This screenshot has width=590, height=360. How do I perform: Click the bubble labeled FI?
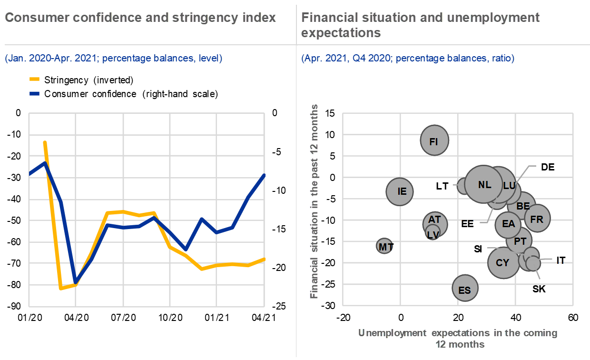(434, 140)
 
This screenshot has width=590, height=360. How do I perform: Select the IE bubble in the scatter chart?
(399, 191)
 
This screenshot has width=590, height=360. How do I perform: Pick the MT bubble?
(385, 247)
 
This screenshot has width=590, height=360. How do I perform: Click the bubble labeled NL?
(484, 184)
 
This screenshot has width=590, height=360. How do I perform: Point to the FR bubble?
(537, 219)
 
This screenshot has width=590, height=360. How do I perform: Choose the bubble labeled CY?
(503, 262)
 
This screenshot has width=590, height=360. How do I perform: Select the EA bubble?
(508, 223)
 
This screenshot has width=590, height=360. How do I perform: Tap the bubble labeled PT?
(519, 241)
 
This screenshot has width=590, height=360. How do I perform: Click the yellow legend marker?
(34, 79)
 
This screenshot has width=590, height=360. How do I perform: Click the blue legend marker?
(34, 93)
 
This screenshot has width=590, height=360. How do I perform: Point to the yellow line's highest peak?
(45, 142)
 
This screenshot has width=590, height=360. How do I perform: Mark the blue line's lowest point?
(75, 281)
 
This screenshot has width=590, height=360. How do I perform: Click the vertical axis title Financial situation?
(315, 201)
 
